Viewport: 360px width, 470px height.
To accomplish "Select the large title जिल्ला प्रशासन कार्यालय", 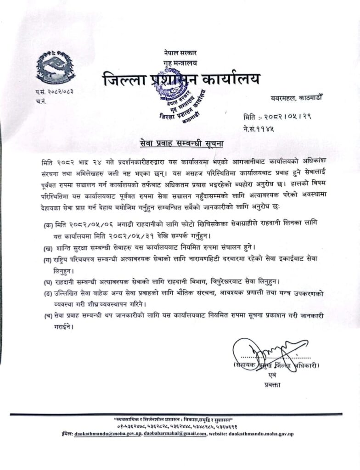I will click(x=181, y=78).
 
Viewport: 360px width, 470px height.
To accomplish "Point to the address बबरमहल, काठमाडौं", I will click(x=297, y=98).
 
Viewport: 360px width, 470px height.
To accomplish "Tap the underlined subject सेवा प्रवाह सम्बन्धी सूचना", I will click(x=181, y=144).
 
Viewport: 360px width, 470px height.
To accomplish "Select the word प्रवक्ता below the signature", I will click(x=272, y=385).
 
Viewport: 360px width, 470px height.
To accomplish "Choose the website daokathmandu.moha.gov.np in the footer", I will click(x=262, y=434).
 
